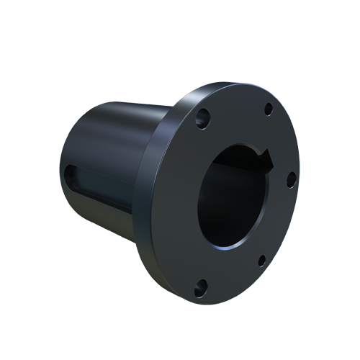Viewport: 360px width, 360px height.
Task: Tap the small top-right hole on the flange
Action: tap(269, 109)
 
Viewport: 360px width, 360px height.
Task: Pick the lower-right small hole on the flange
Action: tap(261, 259)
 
